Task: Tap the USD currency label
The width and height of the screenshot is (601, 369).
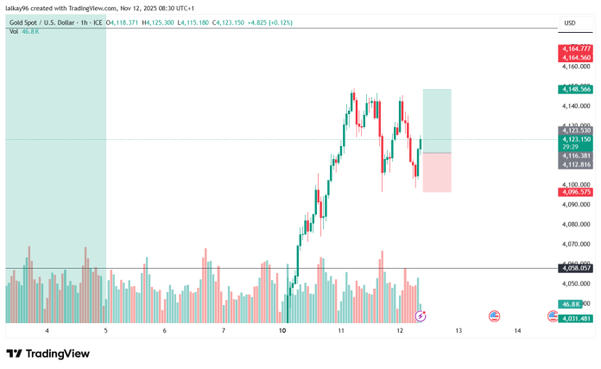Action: pos(570,22)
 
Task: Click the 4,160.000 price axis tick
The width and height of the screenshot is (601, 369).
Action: pos(573,66)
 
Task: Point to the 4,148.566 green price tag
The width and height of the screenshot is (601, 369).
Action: pos(575,89)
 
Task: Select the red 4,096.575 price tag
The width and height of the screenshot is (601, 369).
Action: pos(575,192)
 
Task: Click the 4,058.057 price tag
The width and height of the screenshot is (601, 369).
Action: pos(575,269)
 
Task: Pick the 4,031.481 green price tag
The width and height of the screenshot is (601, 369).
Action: pos(575,319)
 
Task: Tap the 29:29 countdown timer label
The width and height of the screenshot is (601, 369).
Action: pos(570,147)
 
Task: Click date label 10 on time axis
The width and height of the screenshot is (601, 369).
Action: pos(282,331)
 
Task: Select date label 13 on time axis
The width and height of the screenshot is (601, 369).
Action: pos(459,331)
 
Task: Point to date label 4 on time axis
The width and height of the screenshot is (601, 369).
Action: pos(47,331)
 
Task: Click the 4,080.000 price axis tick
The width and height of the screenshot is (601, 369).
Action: pos(573,224)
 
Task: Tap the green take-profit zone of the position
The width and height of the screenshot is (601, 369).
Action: pos(436,121)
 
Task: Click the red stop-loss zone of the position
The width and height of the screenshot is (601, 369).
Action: pos(436,173)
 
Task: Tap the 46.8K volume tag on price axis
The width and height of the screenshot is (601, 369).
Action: pos(571,304)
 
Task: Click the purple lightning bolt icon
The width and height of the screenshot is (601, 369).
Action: pos(421,316)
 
